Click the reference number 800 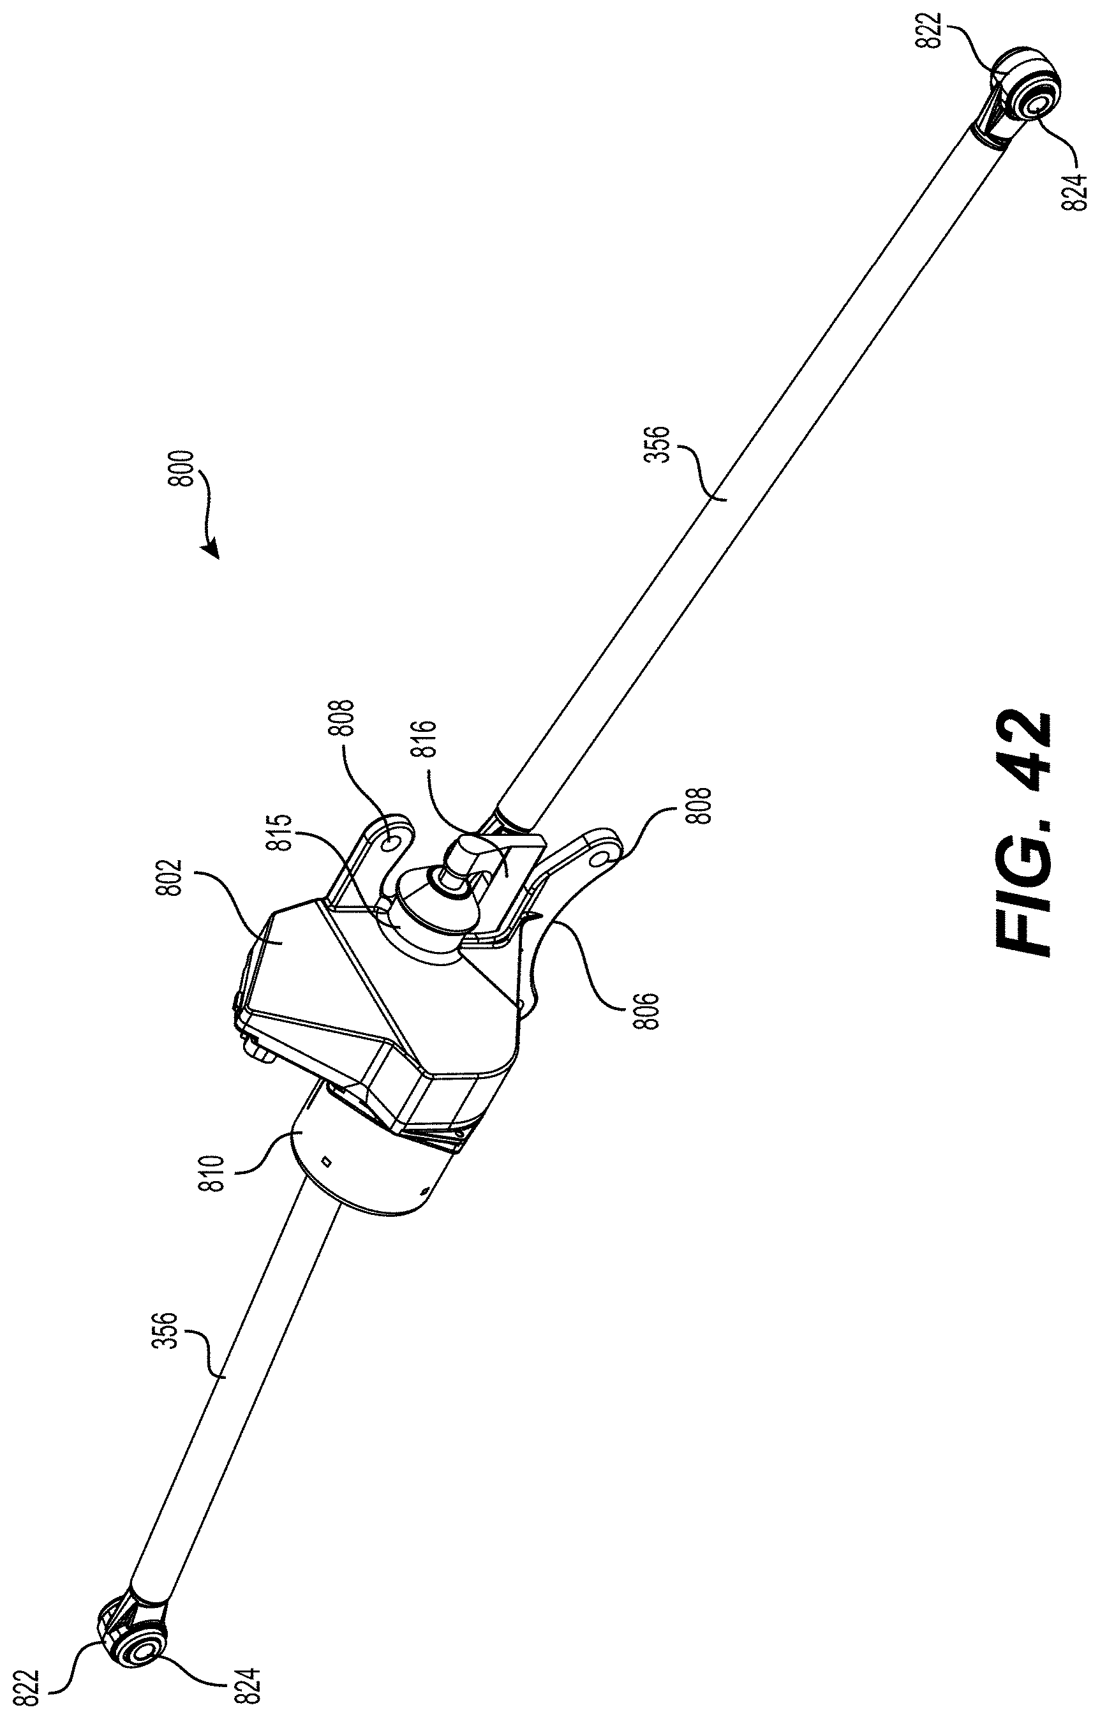184,468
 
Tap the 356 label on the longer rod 657,445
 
